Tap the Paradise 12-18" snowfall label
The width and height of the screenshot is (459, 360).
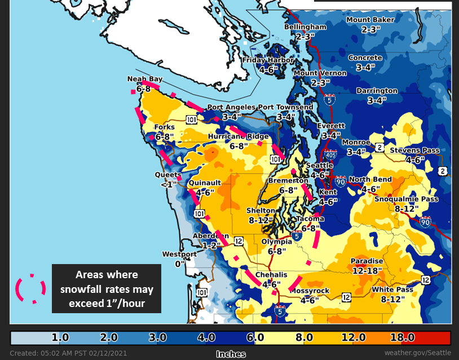coord(367,266)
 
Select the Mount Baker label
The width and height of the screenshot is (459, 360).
coord(370,20)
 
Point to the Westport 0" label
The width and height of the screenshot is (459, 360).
coord(179,258)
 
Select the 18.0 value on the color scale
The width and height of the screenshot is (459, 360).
coord(403,337)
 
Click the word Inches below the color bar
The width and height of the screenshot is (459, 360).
coord(231,354)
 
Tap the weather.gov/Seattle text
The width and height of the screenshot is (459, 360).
coord(418,353)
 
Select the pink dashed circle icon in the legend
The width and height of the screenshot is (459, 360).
coord(30,289)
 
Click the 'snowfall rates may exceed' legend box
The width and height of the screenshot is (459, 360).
coord(107,289)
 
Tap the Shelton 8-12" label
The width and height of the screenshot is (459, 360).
coord(260,214)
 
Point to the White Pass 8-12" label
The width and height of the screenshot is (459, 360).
coord(392,294)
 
